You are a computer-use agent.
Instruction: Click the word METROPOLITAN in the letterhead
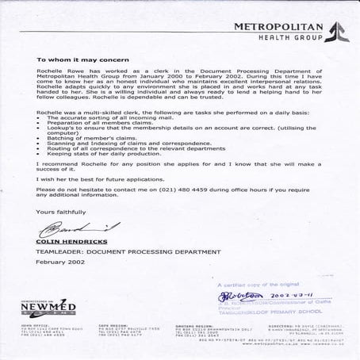coord(278,27)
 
